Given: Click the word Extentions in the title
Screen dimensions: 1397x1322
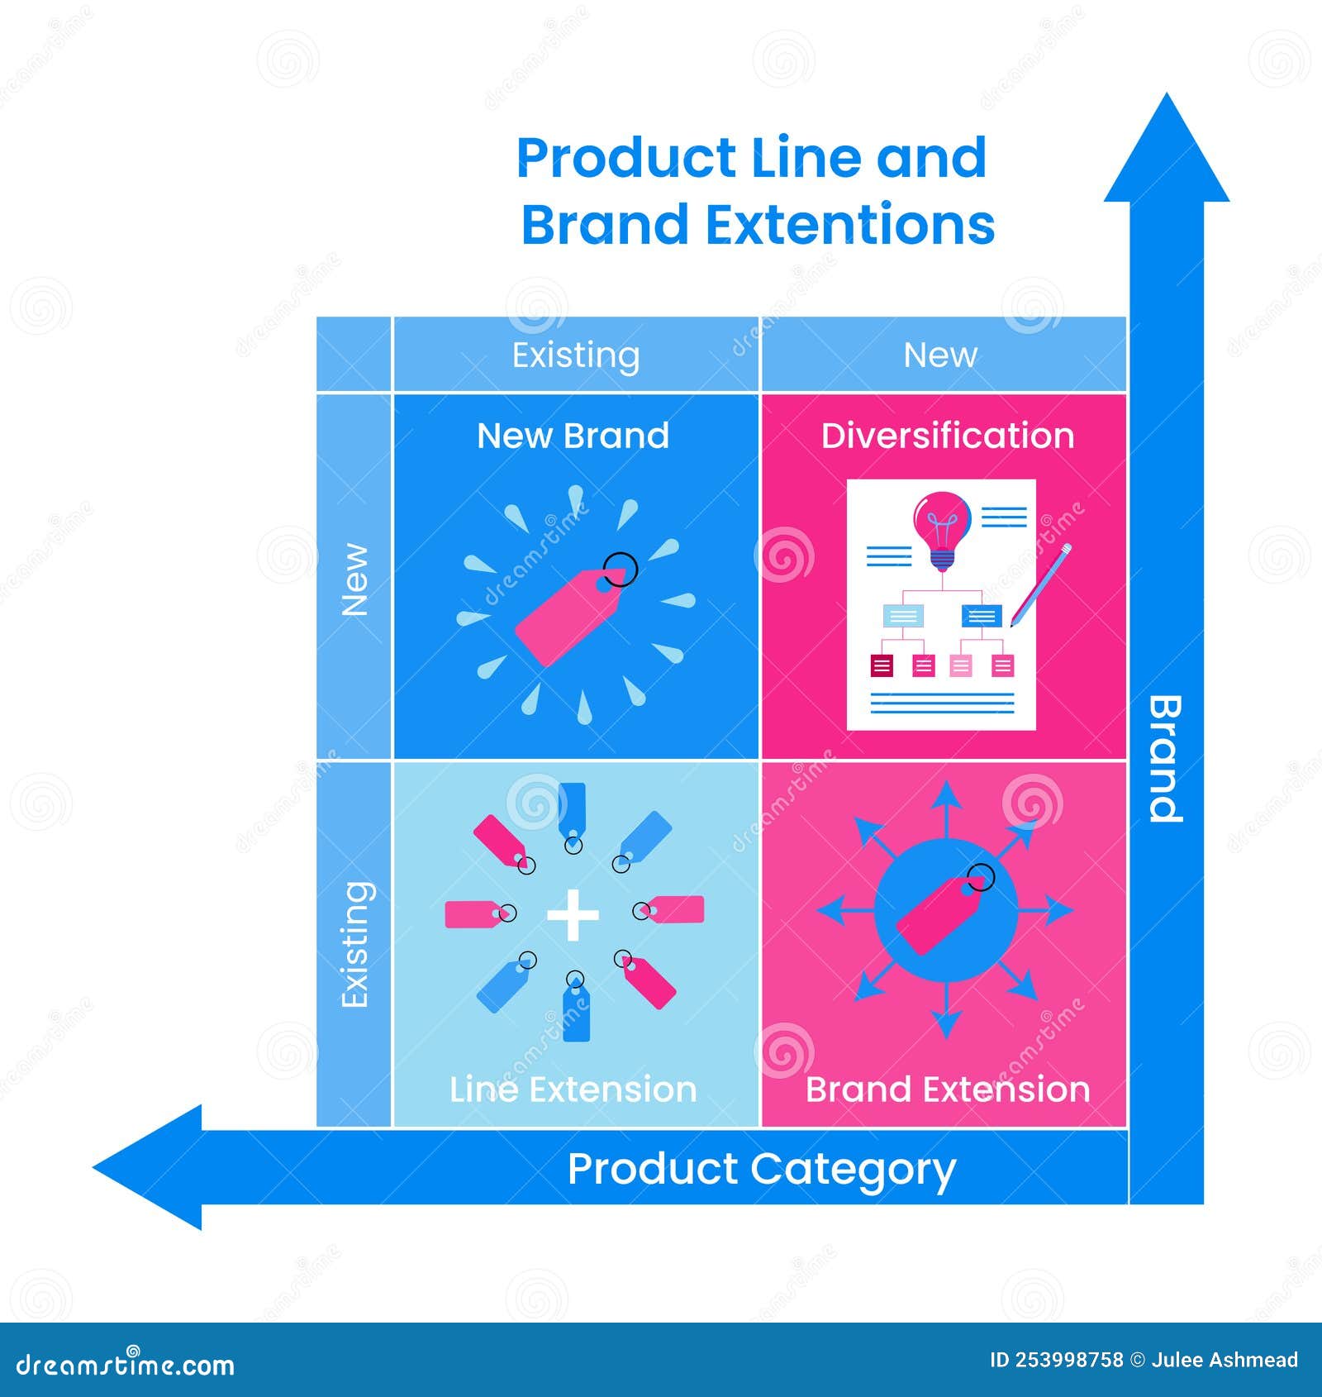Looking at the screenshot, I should [x=851, y=225].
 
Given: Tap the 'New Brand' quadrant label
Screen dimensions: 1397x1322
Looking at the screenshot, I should [x=573, y=436].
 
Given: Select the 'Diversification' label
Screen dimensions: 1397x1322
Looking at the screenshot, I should [x=947, y=436].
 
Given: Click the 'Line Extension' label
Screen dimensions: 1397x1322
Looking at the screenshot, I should [x=573, y=1089].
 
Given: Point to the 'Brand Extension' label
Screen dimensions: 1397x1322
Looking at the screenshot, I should [x=947, y=1089].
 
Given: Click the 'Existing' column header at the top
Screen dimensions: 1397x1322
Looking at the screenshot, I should [x=576, y=355].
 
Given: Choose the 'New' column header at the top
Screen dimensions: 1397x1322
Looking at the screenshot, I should [x=940, y=355].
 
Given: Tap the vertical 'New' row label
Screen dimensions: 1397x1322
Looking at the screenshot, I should [x=355, y=579].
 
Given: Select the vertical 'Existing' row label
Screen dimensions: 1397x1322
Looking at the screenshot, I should [x=355, y=944].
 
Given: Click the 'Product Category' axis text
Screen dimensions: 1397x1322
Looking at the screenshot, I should [x=761, y=1169].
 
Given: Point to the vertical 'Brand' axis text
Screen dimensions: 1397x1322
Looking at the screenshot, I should [x=1166, y=759].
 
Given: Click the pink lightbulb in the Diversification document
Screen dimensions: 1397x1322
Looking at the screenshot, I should [x=941, y=525].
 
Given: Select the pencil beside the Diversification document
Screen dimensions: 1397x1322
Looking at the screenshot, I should [x=1040, y=585].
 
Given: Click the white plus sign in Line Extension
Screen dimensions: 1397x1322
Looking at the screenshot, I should [x=573, y=915].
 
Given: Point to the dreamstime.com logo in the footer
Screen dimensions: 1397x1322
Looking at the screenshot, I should [x=126, y=1364].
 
